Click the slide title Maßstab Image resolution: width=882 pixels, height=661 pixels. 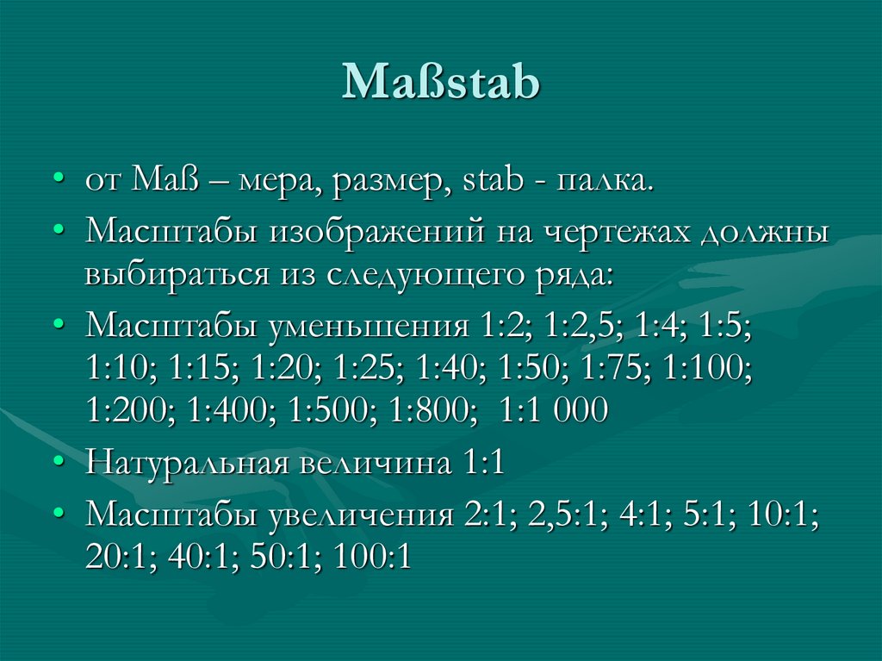(441, 84)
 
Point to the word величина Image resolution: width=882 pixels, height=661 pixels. (370, 465)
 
